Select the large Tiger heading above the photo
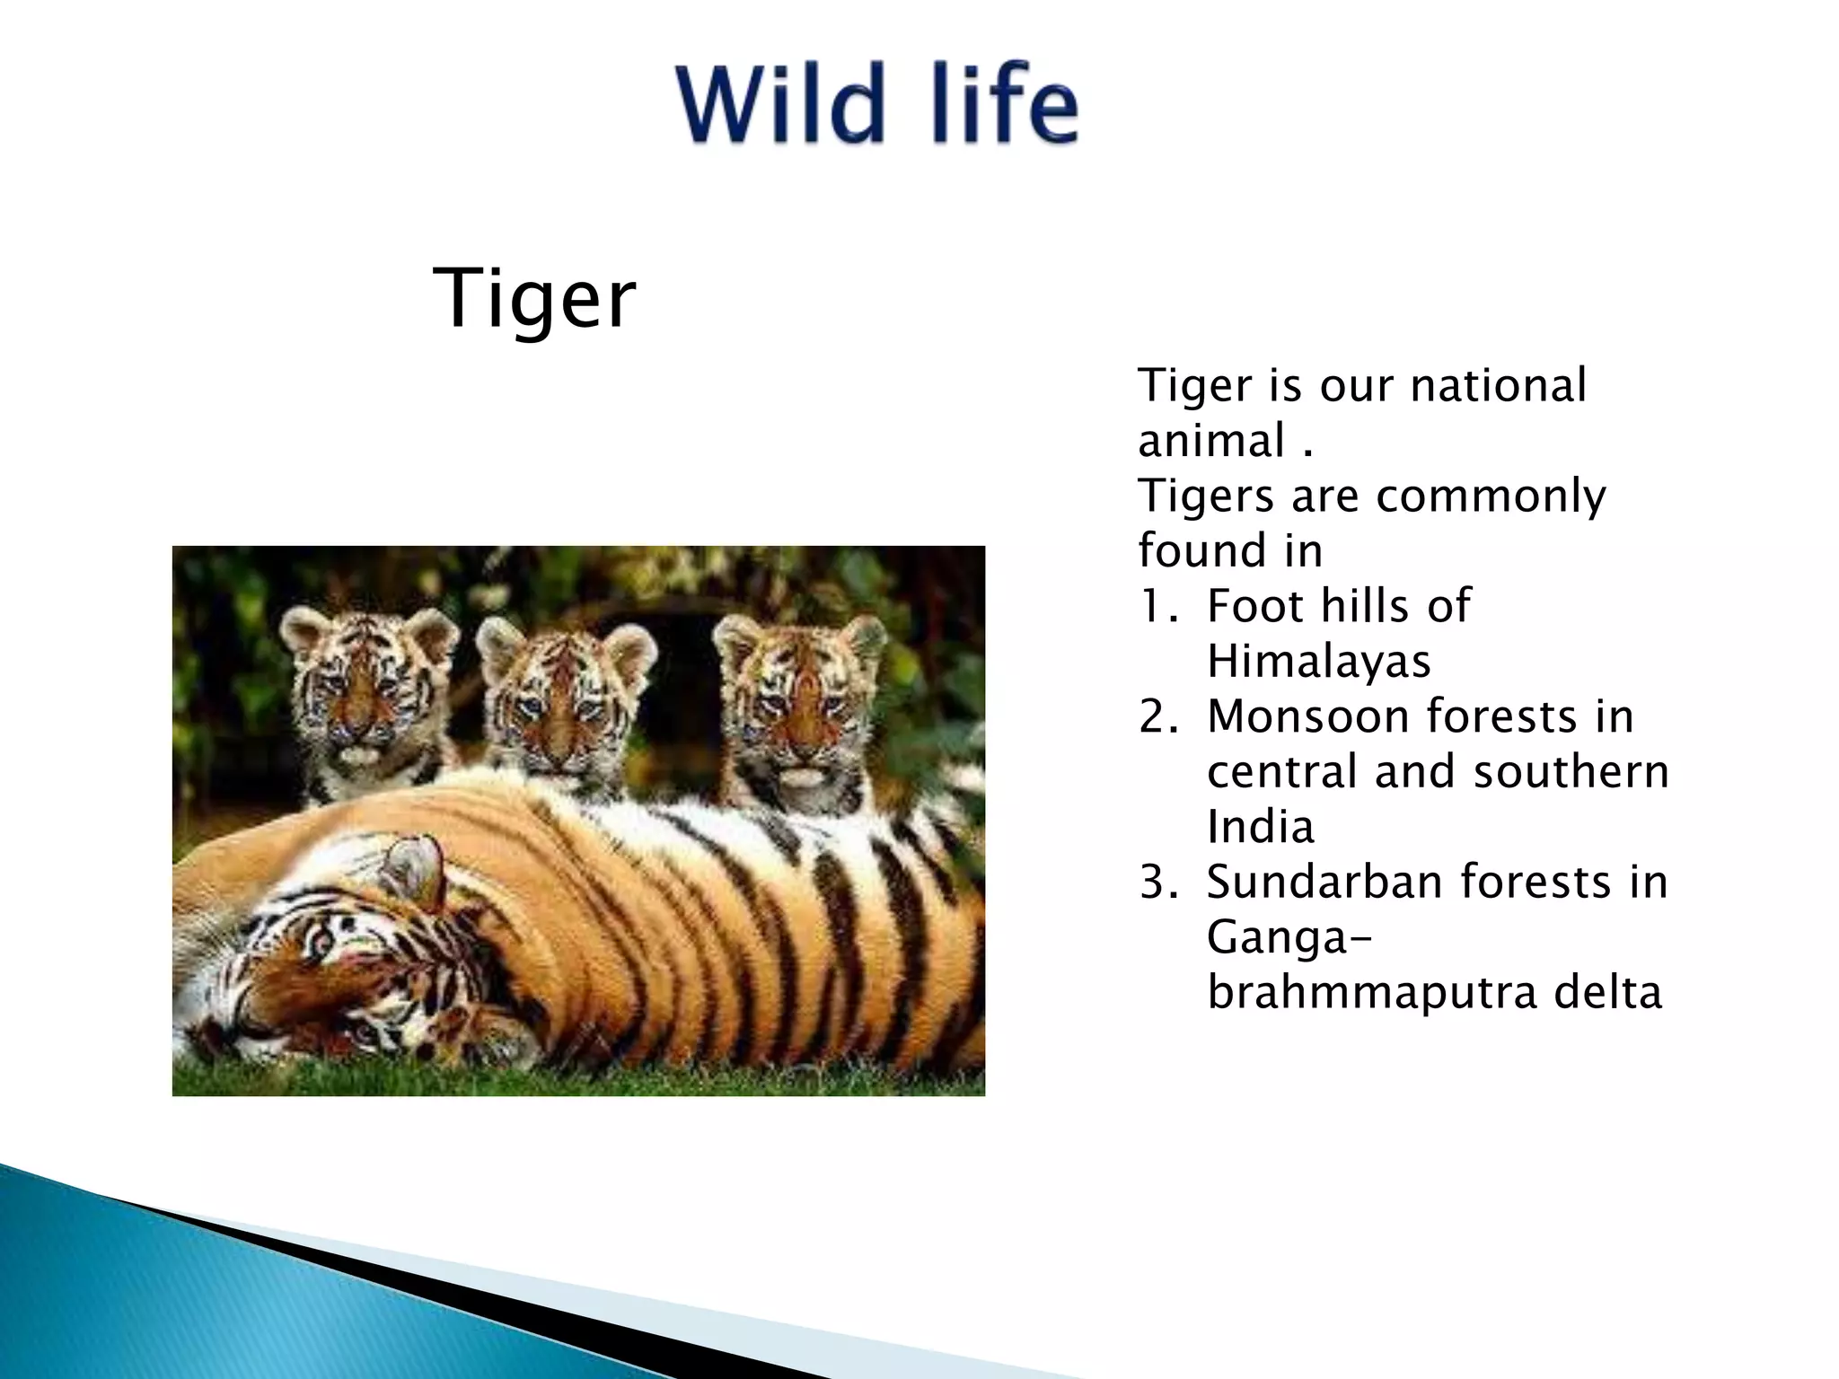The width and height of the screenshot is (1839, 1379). coord(534,299)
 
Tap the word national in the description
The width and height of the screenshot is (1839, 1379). coord(1498,386)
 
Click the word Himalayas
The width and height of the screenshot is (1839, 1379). coord(1318,662)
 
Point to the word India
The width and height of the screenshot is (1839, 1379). coord(1261,828)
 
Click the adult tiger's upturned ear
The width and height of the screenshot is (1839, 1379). coord(415,866)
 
